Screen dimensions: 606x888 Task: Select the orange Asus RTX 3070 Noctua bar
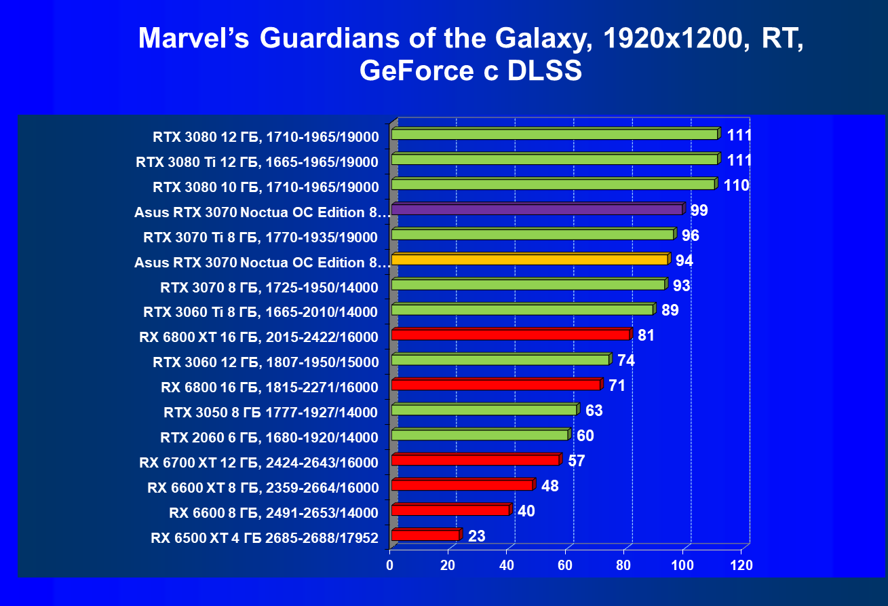pyautogui.click(x=530, y=260)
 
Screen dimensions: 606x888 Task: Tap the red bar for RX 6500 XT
pyautogui.click(x=425, y=535)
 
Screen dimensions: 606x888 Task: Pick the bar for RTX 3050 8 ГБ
pyautogui.click(x=484, y=410)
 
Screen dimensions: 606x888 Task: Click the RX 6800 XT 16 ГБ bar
pyautogui.click(x=511, y=335)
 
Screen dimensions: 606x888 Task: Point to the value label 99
pyautogui.click(x=699, y=210)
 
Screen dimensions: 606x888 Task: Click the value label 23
pyautogui.click(x=477, y=536)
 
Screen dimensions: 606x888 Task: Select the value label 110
pyautogui.click(x=736, y=185)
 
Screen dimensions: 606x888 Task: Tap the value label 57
pyautogui.click(x=576, y=461)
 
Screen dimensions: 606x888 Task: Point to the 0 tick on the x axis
pyautogui.click(x=390, y=565)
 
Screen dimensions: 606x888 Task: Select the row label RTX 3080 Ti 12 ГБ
pyautogui.click(x=257, y=162)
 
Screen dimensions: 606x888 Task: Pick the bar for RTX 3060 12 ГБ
pyautogui.click(x=501, y=360)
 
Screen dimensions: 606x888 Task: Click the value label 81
pyautogui.click(x=646, y=335)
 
